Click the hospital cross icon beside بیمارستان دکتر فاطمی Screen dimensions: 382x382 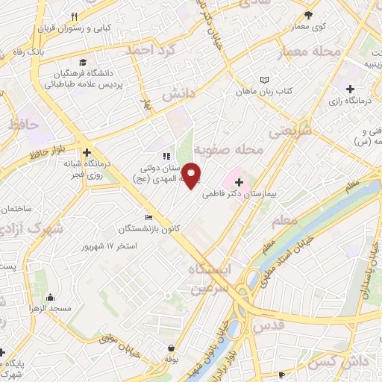(238, 181)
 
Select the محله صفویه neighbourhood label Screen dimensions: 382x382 (239, 150)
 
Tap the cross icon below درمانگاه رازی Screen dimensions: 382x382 (350, 90)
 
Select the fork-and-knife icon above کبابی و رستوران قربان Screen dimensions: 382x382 (74, 16)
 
